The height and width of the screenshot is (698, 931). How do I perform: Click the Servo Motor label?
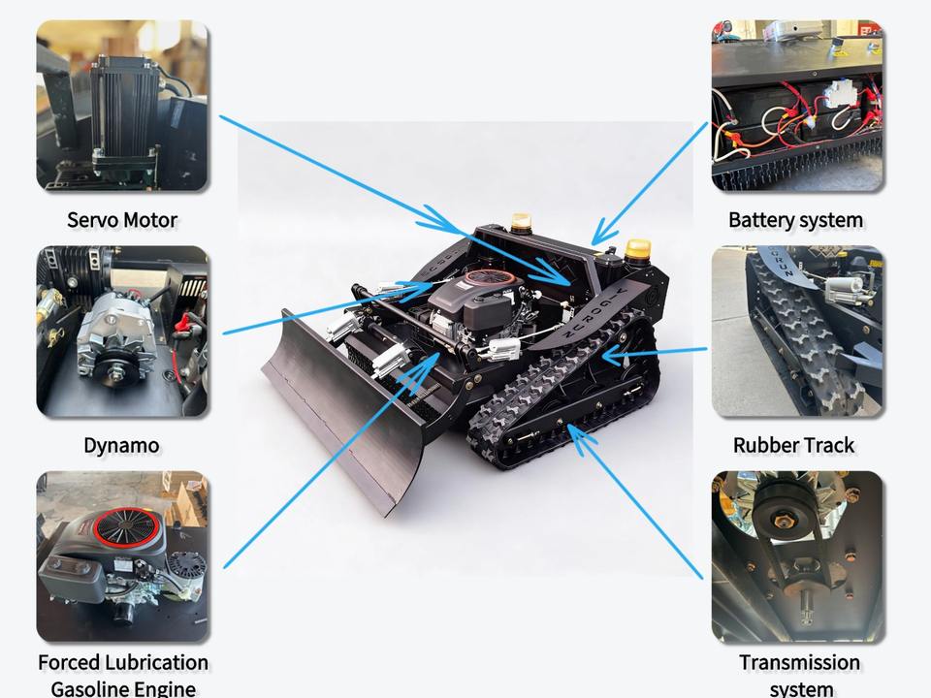pyautogui.click(x=122, y=220)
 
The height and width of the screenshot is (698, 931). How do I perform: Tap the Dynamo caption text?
pyautogui.click(x=122, y=446)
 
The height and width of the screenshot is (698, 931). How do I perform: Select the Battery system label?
pyautogui.click(x=795, y=220)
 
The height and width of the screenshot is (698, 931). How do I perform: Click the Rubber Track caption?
pyautogui.click(x=793, y=446)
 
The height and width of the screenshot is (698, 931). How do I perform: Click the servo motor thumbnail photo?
pyautogui.click(x=122, y=106)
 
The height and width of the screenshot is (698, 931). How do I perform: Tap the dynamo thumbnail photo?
pyautogui.click(x=122, y=332)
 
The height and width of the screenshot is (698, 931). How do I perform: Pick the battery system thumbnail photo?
pyautogui.click(x=796, y=106)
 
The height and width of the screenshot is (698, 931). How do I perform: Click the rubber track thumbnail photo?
pyautogui.click(x=796, y=332)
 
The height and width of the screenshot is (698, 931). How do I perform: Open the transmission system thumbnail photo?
pyautogui.click(x=796, y=556)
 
